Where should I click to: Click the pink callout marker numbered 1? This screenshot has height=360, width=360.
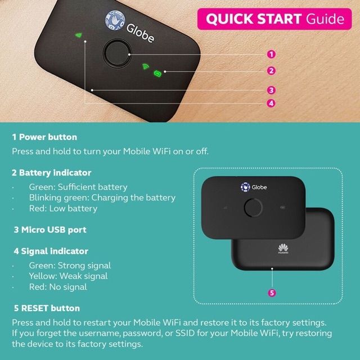point(271,55)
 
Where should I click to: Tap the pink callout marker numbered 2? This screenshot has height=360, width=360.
point(271,71)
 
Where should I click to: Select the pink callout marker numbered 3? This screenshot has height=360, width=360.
point(271,90)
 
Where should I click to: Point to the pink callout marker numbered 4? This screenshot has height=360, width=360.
point(271,103)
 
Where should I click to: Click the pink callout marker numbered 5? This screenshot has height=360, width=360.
point(272,293)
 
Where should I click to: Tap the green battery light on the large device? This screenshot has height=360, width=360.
point(157,73)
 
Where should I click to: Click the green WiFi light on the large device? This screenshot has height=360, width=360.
point(146,66)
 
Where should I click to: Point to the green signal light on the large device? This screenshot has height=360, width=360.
point(79,35)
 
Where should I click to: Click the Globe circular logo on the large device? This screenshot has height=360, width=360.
point(115,20)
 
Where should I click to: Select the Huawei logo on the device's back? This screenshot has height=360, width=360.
point(283,249)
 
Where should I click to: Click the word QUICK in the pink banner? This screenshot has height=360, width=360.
point(230,19)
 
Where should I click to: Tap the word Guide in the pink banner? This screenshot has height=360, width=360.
point(325,19)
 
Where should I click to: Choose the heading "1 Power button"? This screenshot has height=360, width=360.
point(44,137)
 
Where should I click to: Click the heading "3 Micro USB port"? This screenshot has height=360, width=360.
point(50,230)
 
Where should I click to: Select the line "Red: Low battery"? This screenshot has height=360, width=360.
point(63,209)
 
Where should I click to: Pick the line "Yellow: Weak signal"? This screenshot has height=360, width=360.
point(68,276)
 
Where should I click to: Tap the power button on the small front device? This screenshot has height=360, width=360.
point(253,208)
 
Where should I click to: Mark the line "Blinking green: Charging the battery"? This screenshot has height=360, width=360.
point(102,197)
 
